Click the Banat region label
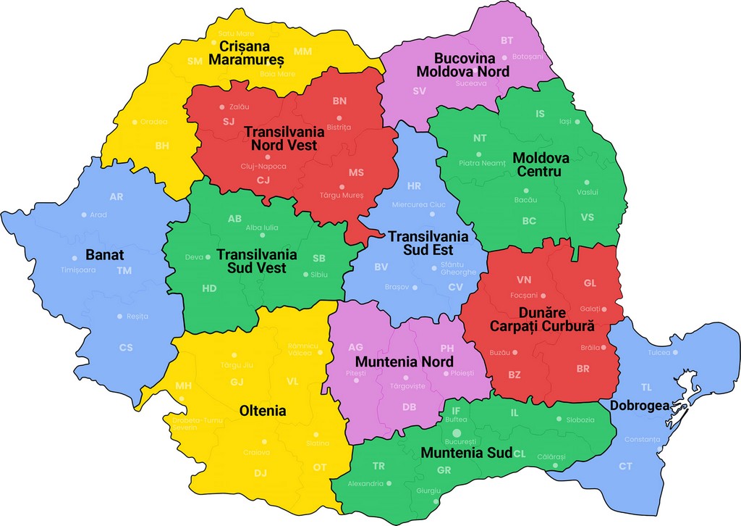point(105,255)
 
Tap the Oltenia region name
point(263,411)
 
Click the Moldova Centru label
point(541,164)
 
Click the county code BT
point(507,41)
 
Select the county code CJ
point(263,180)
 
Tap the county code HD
point(209,288)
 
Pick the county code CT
point(625,466)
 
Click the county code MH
point(184,385)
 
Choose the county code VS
point(587,217)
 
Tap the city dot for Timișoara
point(75,259)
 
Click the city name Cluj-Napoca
point(263,166)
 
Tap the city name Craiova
point(256,452)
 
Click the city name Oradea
point(153,122)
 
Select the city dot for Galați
point(603,309)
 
